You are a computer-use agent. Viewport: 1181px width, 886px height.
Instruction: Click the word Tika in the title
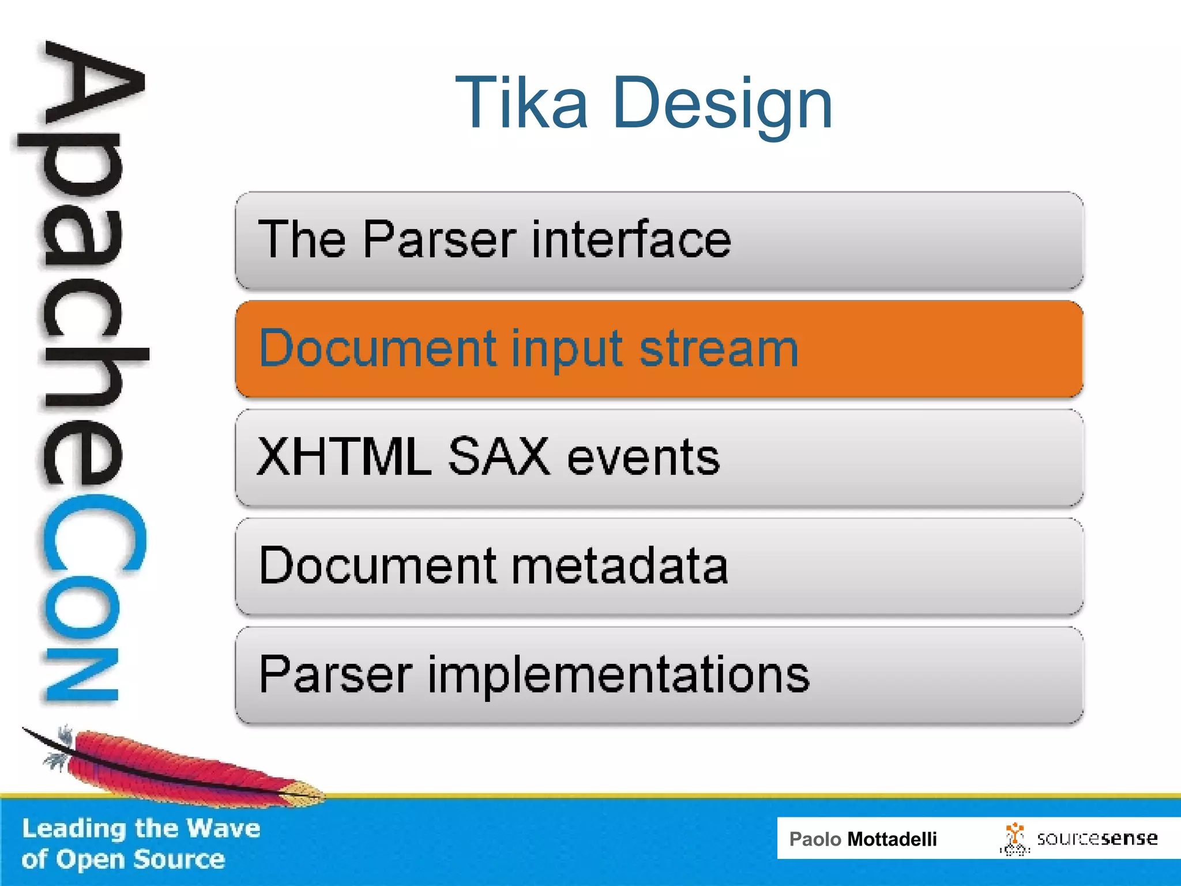pyautogui.click(x=521, y=104)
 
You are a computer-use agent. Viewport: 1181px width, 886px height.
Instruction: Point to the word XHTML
pyautogui.click(x=344, y=457)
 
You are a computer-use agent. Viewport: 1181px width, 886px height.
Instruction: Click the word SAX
pyautogui.click(x=499, y=457)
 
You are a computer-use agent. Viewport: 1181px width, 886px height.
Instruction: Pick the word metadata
pyautogui.click(x=619, y=566)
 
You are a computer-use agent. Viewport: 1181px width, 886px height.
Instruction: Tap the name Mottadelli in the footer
pyautogui.click(x=892, y=839)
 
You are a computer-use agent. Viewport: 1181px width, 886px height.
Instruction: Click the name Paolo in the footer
pyautogui.click(x=815, y=839)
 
